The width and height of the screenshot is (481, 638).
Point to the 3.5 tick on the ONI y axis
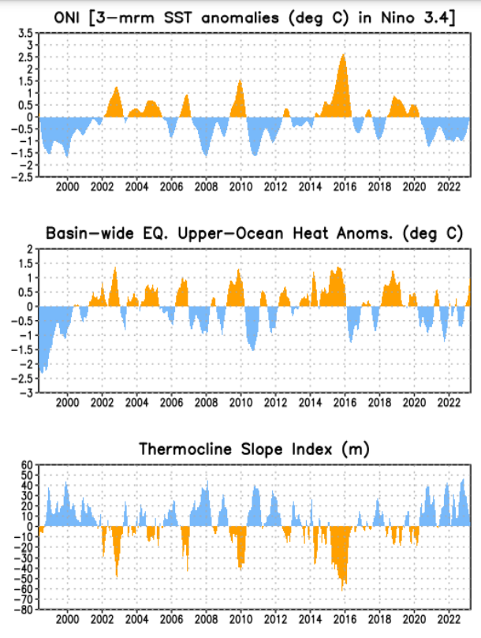(25, 33)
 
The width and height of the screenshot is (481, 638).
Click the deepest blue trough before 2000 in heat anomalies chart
(41, 371)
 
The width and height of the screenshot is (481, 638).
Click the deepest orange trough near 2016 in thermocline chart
(343, 588)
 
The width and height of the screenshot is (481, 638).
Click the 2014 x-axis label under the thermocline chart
(309, 619)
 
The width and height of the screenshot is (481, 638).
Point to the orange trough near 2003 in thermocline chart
(117, 576)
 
